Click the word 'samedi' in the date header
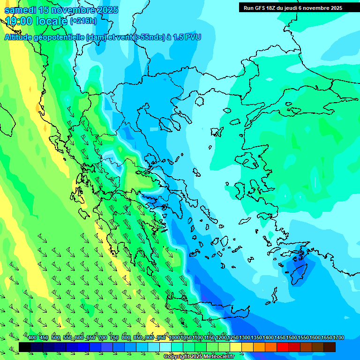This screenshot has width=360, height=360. [21, 10]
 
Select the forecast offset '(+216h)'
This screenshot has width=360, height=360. [83, 21]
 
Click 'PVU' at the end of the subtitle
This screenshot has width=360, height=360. [192, 37]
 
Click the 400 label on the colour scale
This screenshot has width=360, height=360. [32, 338]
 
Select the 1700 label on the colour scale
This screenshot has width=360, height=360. [338, 338]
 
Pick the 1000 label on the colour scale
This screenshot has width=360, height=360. [174, 338]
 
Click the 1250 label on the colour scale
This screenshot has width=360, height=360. [233, 338]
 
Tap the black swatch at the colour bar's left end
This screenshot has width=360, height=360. [25, 347]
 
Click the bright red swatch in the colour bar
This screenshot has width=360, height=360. [283, 347]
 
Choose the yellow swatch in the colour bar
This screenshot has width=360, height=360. [236, 347]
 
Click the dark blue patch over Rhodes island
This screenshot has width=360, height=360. [297, 271]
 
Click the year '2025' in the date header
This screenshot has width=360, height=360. [105, 10]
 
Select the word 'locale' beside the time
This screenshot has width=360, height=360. [52, 21]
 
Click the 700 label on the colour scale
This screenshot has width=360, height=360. [103, 338]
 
